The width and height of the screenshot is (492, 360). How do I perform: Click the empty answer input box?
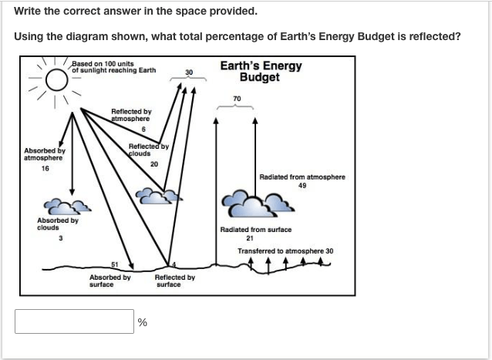74,321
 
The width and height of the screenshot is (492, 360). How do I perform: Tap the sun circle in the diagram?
57,69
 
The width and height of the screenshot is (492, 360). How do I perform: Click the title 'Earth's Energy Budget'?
261,71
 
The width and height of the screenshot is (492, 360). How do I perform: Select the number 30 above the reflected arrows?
189,72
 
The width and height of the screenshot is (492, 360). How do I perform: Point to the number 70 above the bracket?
237,99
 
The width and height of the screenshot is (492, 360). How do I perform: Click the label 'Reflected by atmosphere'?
131,115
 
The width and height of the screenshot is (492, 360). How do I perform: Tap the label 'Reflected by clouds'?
149,150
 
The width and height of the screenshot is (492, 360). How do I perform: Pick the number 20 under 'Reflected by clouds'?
154,164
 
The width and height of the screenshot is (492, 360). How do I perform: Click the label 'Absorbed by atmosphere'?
45,154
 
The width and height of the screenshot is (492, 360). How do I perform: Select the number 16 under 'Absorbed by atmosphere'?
45,169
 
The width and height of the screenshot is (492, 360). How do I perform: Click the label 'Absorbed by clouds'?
58,224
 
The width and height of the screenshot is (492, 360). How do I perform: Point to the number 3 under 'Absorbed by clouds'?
61,238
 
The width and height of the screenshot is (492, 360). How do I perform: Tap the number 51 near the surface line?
115,264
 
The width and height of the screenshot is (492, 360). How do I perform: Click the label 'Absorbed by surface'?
110,281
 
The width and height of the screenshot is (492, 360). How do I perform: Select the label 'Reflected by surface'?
175,281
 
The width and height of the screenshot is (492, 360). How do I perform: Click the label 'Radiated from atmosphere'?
302,177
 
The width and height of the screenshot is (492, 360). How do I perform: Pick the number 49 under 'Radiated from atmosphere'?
302,186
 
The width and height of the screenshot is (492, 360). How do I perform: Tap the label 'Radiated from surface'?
256,230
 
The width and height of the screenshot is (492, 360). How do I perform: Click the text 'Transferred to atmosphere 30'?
285,251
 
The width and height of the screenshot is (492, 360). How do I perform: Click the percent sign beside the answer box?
142,322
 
